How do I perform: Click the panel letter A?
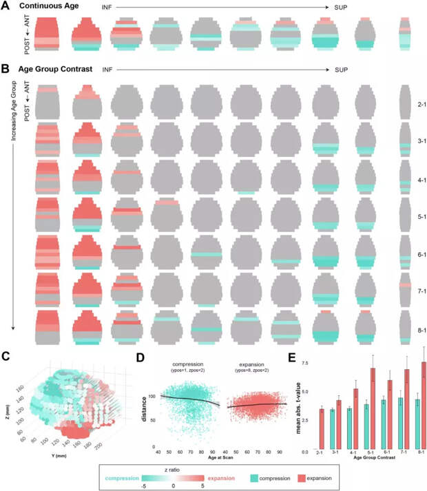5,6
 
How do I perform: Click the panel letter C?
6,356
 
